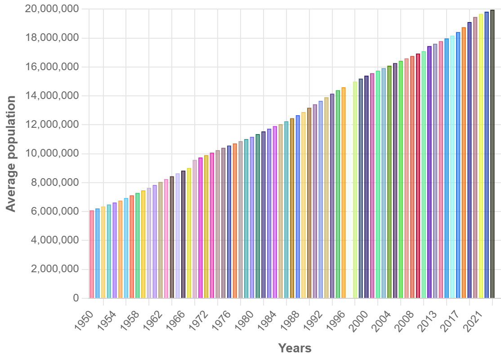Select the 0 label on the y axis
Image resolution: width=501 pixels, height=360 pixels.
point(76,298)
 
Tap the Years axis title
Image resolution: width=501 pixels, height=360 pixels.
point(295,348)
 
